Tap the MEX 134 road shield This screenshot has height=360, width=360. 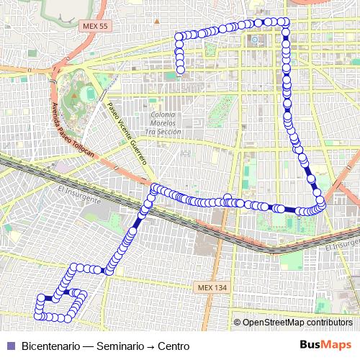(211, 287)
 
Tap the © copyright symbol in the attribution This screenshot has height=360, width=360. (237, 322)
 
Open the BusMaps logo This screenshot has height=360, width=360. (326, 346)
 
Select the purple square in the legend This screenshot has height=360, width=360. (9, 346)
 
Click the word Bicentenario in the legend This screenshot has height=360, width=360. (51, 346)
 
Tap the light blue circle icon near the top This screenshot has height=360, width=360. (255, 40)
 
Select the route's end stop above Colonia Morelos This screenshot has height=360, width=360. (180, 70)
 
